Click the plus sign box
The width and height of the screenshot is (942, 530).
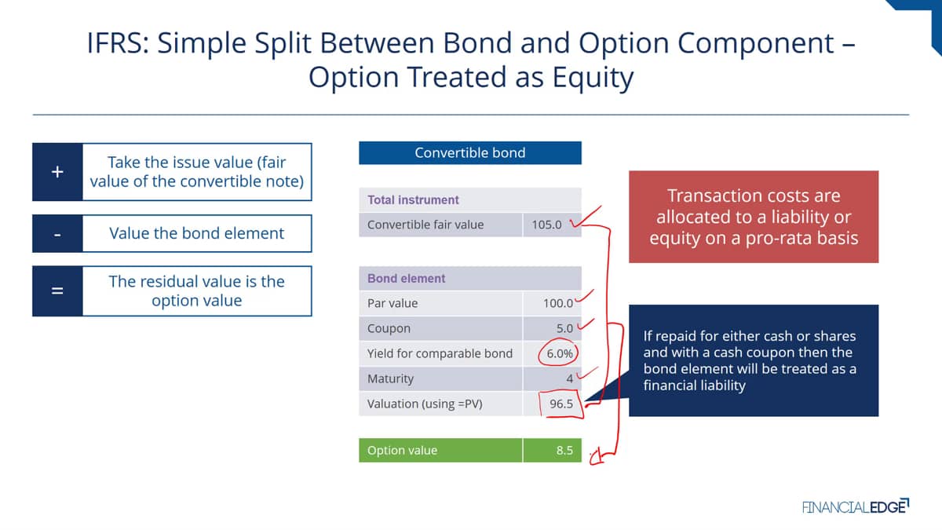pyautogui.click(x=57, y=172)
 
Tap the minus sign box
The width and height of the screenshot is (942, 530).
pyautogui.click(x=57, y=234)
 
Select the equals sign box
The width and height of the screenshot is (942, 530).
pyautogui.click(x=57, y=291)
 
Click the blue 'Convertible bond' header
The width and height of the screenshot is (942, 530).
pyautogui.click(x=470, y=152)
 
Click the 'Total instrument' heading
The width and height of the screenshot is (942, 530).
pyautogui.click(x=413, y=199)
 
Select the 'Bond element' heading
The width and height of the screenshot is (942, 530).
pyautogui.click(x=407, y=279)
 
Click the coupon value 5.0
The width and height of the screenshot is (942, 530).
pyautogui.click(x=564, y=328)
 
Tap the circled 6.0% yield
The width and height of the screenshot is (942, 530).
pyautogui.click(x=559, y=353)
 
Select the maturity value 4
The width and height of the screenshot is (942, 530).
pyautogui.click(x=569, y=379)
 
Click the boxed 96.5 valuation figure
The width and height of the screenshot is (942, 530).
pyautogui.click(x=561, y=404)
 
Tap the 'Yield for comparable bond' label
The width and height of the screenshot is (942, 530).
pyautogui.click(x=440, y=354)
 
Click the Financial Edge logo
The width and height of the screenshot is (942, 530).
pyautogui.click(x=856, y=506)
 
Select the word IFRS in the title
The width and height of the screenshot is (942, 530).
pyautogui.click(x=118, y=43)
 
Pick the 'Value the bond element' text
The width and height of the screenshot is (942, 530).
pyautogui.click(x=197, y=233)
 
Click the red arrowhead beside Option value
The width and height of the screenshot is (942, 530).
pyautogui.click(x=596, y=458)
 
